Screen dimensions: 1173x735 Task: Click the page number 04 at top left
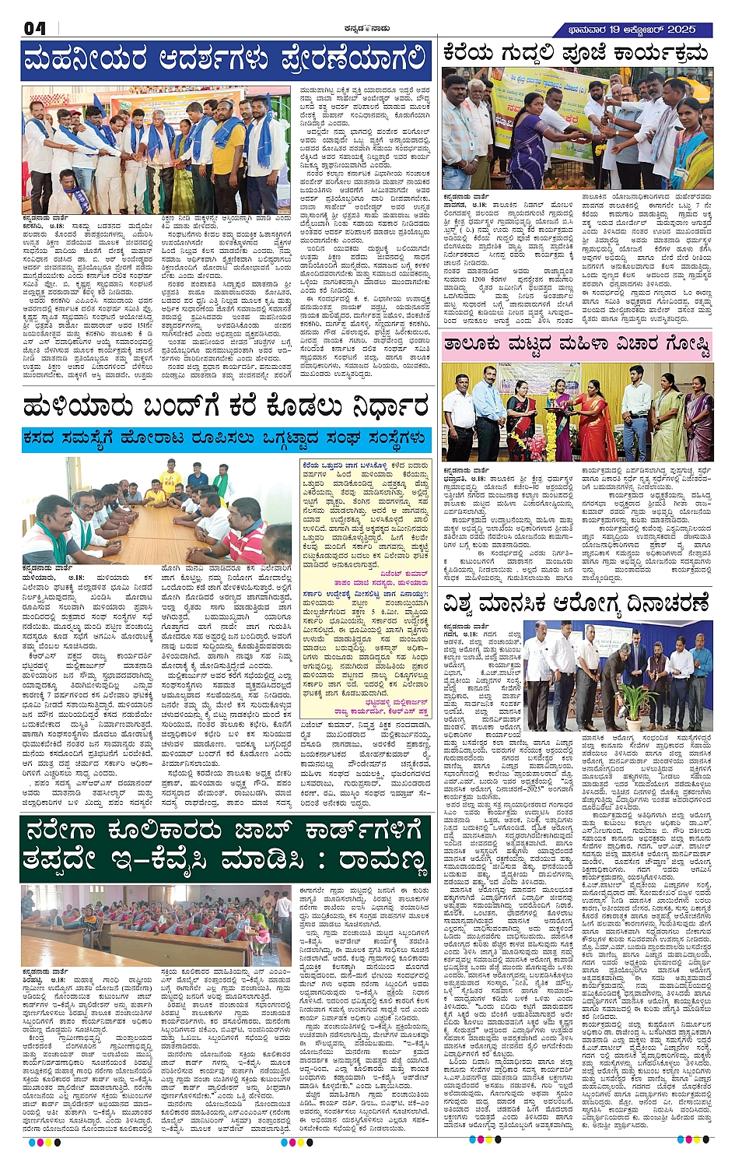tap(34, 29)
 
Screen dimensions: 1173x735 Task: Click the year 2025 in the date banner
tap(681, 29)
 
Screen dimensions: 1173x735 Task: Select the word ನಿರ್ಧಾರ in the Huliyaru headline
tap(379, 406)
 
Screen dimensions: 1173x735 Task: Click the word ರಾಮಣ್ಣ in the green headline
tap(382, 862)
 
